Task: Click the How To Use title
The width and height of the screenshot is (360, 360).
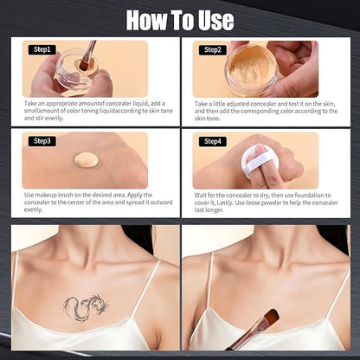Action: [x=180, y=18]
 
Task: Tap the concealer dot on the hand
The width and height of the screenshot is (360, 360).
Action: [x=87, y=160]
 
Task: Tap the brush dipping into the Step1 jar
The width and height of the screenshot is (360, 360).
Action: [x=87, y=57]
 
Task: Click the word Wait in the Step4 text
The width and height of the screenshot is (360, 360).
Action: [x=202, y=195]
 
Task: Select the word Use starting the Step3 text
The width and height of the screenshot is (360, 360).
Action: [x=30, y=195]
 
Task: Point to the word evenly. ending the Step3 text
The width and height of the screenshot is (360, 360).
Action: [x=34, y=210]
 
